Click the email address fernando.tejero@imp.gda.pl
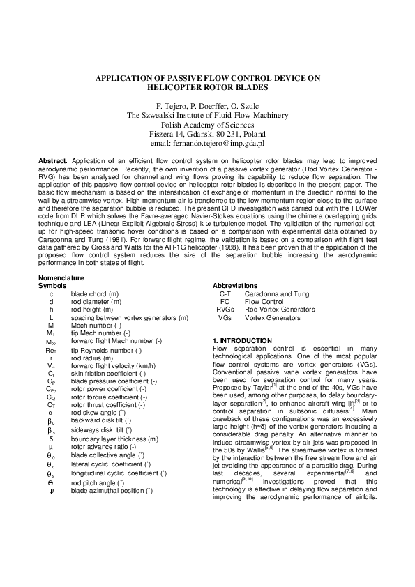(207, 143)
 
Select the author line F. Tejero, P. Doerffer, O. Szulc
(207, 105)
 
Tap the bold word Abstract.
(52, 160)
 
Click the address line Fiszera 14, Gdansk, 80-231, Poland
(207, 133)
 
